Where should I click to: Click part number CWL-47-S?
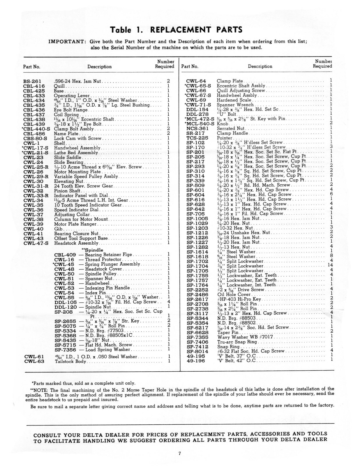36,243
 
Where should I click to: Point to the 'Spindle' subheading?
93,250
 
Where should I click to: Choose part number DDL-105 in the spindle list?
66,302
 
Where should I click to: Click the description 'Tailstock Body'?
70,361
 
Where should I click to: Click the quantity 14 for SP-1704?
330,265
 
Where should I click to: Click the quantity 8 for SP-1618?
331,256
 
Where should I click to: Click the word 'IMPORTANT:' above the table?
67,41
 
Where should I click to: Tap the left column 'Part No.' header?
31,67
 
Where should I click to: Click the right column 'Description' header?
260,66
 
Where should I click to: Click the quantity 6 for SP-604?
331,194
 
